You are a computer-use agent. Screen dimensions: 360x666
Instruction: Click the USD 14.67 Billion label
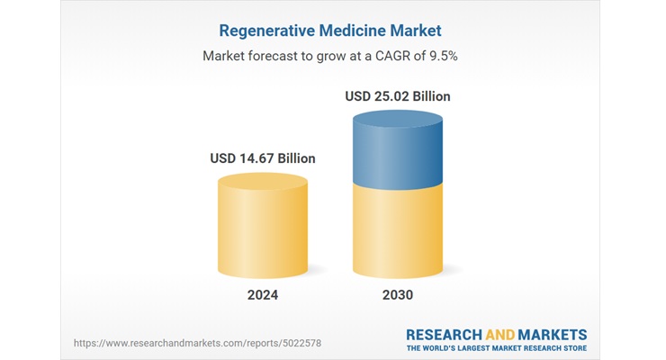click(263, 158)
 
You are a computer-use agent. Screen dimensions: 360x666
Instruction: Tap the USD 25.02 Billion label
click(397, 95)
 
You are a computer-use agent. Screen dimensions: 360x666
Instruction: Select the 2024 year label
click(263, 295)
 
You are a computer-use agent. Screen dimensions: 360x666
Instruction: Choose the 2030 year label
click(397, 295)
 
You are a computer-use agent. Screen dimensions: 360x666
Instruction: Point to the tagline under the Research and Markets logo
click(497, 347)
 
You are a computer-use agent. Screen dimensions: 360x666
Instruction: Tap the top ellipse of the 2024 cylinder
click(263, 182)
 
